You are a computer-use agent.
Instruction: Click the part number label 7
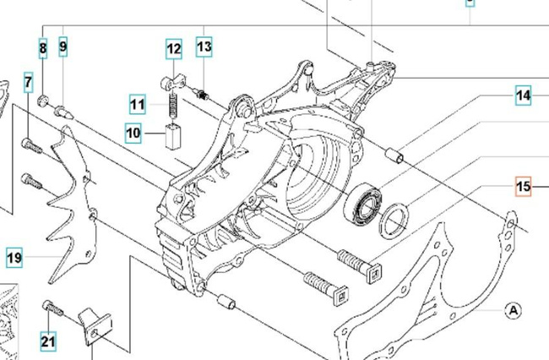[29, 83]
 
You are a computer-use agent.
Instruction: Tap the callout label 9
[63, 46]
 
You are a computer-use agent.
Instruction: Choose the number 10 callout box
[133, 133]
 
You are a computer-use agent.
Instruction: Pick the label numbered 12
[173, 49]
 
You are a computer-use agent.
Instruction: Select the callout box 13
[204, 46]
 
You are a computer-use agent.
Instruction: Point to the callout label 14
[524, 95]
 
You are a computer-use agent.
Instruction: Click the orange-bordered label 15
[524, 187]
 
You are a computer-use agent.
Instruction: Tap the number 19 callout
[14, 258]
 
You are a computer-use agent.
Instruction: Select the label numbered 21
[48, 341]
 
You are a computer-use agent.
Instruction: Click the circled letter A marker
[513, 310]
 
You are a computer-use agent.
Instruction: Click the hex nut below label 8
[43, 101]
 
